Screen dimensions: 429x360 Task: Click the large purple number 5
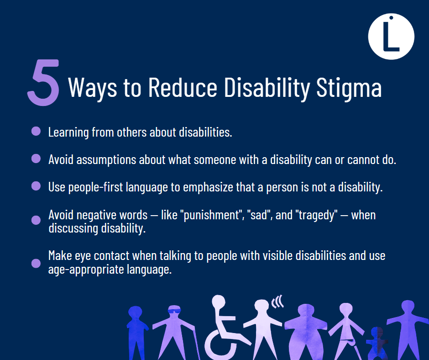coord(44,82)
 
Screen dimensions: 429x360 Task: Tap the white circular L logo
coord(391,37)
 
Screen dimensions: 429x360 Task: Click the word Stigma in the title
coord(349,88)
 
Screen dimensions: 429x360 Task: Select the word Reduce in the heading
coord(183,87)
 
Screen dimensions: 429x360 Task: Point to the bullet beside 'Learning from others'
coord(36,131)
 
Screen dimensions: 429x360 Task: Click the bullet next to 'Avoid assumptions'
coord(36,159)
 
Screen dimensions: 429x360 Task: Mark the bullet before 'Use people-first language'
coord(36,186)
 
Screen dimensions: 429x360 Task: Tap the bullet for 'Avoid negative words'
coord(36,220)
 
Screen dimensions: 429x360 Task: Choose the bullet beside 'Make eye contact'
coord(36,263)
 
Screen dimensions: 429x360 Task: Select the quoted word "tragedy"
coord(316,215)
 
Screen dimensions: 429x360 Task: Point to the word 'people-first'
coord(95,187)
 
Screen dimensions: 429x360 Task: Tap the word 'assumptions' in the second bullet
coord(106,160)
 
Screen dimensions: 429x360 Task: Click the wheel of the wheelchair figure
coord(220,344)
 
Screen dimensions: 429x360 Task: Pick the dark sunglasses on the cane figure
coord(174,311)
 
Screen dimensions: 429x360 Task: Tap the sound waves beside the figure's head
coord(277,302)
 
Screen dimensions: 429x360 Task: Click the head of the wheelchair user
coord(219,302)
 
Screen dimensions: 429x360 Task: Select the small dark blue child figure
coord(377,343)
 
